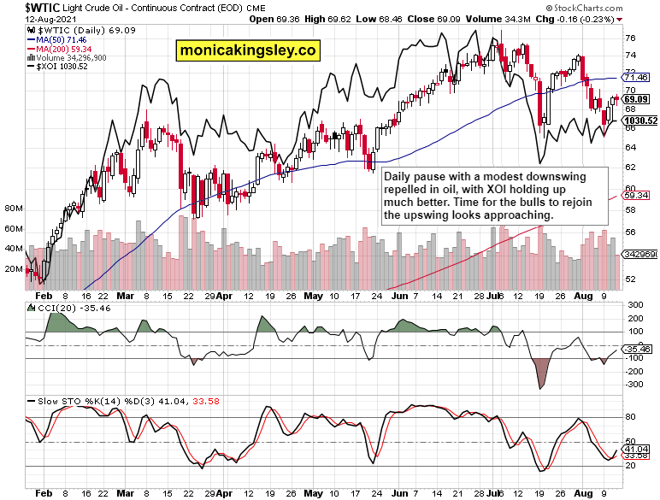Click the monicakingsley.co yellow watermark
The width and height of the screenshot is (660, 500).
pyautogui.click(x=247, y=50)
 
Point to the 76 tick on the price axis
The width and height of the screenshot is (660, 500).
pyautogui.click(x=630, y=38)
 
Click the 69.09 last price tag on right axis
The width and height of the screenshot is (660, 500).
pyautogui.click(x=636, y=99)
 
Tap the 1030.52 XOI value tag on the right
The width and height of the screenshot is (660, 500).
pyautogui.click(x=640, y=121)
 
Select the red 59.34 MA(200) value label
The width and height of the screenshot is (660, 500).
pyautogui.click(x=637, y=196)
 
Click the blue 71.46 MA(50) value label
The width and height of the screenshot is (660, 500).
pyautogui.click(x=637, y=77)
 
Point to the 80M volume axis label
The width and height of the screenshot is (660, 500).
pyautogui.click(x=12, y=209)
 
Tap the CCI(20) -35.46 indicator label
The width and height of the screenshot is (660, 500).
pyautogui.click(x=61, y=308)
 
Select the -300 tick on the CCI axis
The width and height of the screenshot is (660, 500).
pyautogui.click(x=635, y=385)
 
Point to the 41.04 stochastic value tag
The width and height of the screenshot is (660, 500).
pyautogui.click(x=636, y=449)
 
